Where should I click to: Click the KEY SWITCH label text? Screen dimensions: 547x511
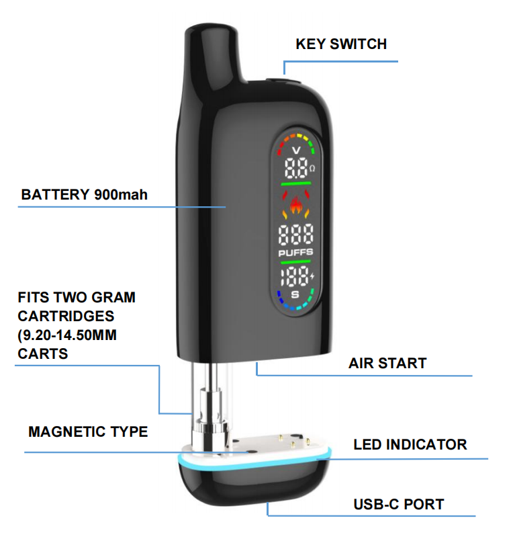pos(341,44)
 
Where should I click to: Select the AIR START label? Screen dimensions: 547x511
pos(387,364)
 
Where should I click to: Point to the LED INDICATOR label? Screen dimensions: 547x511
pos(410,444)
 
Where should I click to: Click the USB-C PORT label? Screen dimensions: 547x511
pos(399,504)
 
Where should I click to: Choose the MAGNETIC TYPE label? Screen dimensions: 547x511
pos(88,431)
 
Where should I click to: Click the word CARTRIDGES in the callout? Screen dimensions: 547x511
pos(66,316)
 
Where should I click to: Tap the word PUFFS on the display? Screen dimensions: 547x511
pos(295,253)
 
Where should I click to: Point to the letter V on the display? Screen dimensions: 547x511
pos(295,151)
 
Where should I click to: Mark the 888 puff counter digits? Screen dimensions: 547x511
pos(295,235)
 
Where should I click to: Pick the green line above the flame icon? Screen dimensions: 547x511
pos(295,183)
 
